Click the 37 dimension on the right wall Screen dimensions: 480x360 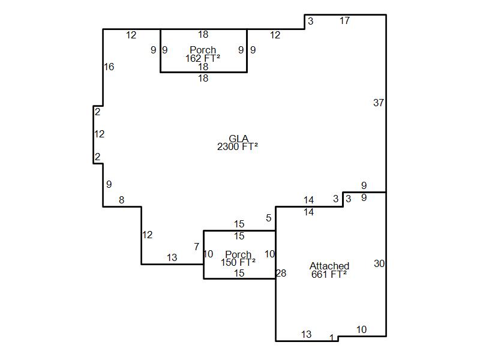coord(379,103)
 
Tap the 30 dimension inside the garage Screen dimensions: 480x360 coord(379,263)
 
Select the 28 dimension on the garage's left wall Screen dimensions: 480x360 coord(281,273)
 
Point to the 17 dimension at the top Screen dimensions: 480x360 coord(344,20)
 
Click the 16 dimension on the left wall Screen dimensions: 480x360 coord(109,67)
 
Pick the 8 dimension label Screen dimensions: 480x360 coord(122,200)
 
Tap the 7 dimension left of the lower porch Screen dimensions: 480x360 coord(197,247)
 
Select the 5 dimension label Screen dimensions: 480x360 coord(268,218)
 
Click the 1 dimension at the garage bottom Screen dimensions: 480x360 coord(332,338)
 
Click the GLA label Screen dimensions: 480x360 coord(238,139)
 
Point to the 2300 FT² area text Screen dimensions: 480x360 coord(238,146)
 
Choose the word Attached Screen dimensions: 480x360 coord(329,266)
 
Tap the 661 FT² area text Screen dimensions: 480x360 coord(329,274)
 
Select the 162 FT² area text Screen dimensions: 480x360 coord(203,58)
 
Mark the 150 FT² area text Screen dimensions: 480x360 coord(238,262)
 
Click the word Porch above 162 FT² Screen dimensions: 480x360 coord(203,50)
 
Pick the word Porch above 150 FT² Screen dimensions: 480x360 coord(238,254)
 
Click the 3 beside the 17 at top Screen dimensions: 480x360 coord(310,21)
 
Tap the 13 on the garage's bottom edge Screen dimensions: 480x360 coord(306,334)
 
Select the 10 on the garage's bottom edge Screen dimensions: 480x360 coord(362,329)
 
